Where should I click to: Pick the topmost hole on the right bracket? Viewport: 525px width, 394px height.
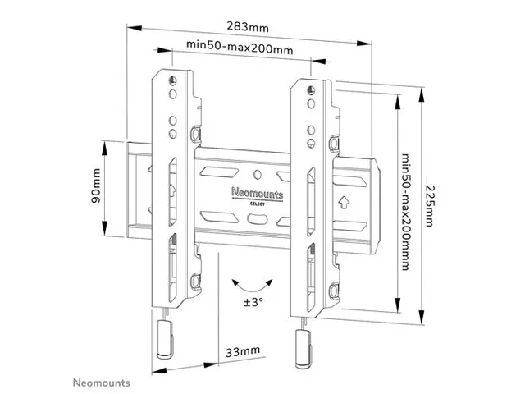tap(310, 87)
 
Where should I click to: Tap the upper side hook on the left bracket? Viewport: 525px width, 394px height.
tap(194, 133)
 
